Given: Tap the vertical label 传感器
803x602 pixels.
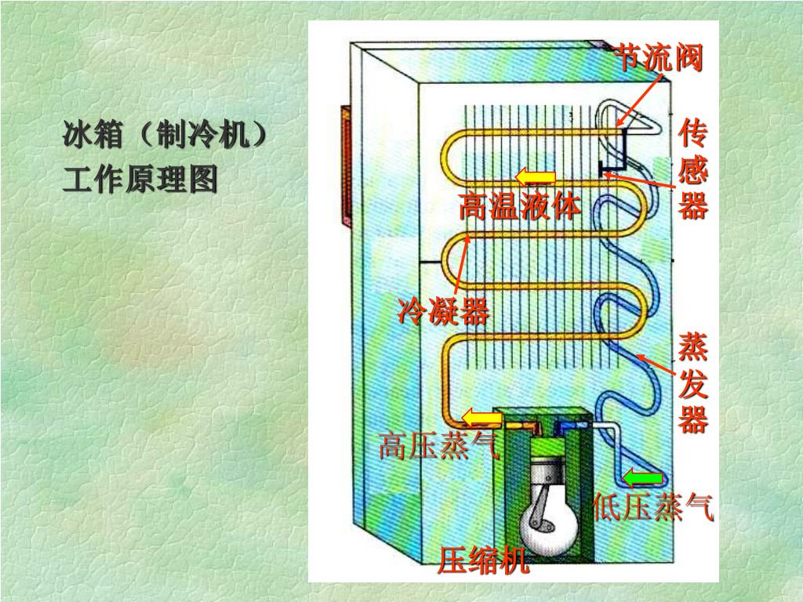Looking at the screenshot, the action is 693,169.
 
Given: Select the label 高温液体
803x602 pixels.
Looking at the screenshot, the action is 520,207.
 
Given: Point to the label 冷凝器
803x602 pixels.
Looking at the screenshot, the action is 443,311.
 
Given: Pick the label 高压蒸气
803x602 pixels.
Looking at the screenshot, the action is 438,447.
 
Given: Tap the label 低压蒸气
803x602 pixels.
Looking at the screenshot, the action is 653,508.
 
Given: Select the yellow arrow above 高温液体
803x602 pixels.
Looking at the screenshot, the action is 536,176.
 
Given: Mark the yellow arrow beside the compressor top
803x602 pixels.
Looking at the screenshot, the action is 481,417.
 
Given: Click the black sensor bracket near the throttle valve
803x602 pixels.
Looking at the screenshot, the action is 615,157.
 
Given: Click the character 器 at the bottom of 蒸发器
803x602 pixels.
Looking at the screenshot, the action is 693,420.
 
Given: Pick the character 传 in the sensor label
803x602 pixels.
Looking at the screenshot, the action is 693,133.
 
